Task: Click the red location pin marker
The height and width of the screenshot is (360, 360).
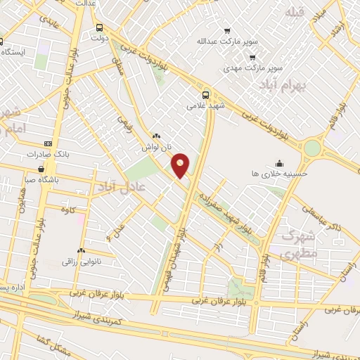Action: coord(181,165)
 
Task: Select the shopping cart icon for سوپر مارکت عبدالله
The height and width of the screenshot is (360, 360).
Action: coord(227,31)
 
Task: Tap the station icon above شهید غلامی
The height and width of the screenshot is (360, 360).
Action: coord(205,95)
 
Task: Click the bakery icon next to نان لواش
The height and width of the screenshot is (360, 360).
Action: coord(156,136)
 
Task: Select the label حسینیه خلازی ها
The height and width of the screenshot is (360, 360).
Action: coord(281,172)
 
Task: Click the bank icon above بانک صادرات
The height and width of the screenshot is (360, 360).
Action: coord(47,143)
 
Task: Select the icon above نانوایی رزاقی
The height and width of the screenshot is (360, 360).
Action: coord(82,250)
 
